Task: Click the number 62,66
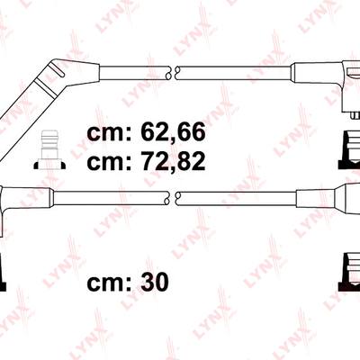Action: pos(173,132)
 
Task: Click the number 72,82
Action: pos(173,160)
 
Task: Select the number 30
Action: pos(155,283)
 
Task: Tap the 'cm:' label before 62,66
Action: pos(109,134)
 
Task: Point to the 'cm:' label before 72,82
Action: pos(109,163)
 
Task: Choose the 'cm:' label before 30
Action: pos(109,284)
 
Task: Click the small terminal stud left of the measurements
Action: pos(49,149)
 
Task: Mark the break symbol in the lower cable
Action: pos(172,198)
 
